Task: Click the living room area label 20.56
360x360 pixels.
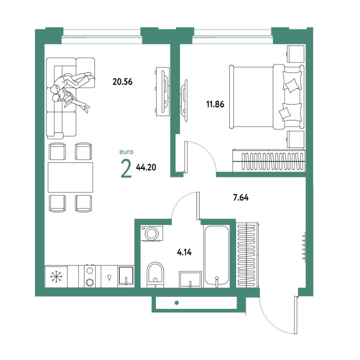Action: coord(122,82)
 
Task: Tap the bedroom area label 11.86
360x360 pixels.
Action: coord(215,104)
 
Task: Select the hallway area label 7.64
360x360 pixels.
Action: coord(240,197)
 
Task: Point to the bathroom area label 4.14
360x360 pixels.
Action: coord(184,253)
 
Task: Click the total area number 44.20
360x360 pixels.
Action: coord(146,167)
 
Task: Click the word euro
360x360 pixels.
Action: coord(126,152)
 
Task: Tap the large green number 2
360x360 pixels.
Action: coord(126,169)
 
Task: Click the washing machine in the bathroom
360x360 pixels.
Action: coord(152,233)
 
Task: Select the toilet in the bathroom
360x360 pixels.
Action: coord(156,275)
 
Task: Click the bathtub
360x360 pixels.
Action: coord(216,256)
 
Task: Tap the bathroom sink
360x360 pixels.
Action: coord(190,279)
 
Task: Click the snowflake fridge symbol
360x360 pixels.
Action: coord(56,276)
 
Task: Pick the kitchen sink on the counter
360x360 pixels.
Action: coord(126,276)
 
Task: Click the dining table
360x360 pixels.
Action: coord(71,177)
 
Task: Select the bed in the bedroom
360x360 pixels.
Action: coord(267,96)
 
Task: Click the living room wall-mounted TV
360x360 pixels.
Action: coord(163,91)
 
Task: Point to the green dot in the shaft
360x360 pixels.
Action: coord(176,303)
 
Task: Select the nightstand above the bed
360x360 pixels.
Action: coord(296,54)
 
